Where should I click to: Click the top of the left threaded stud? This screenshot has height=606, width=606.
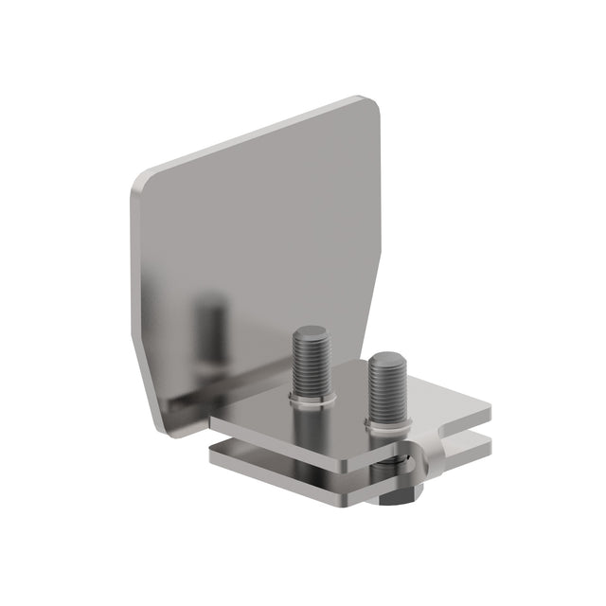[310, 333]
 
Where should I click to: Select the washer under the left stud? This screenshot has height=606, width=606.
[310, 403]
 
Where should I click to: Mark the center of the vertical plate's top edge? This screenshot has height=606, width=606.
[256, 137]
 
